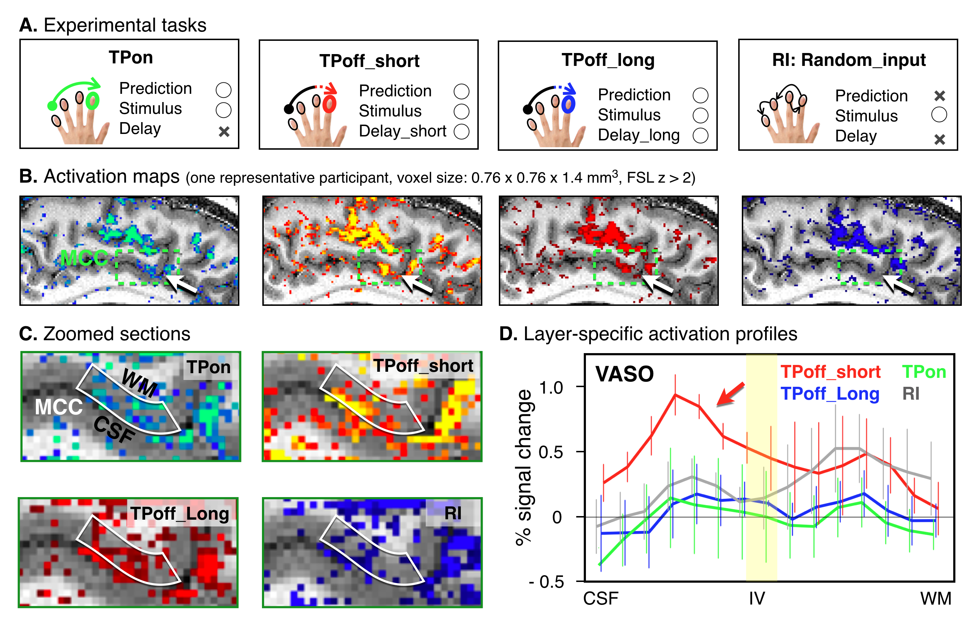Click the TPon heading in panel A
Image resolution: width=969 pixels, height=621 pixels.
click(131, 57)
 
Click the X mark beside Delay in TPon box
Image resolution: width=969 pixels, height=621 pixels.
click(224, 131)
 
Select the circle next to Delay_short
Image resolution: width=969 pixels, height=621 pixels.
click(462, 131)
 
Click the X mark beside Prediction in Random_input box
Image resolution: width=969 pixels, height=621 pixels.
click(940, 96)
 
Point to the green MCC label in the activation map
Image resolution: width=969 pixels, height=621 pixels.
click(84, 258)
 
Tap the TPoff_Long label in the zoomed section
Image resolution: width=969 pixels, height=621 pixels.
click(180, 514)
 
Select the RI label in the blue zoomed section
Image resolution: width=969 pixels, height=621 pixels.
click(453, 513)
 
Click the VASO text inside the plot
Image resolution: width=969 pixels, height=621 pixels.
click(625, 374)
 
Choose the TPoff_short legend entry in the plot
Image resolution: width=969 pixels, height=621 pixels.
click(830, 372)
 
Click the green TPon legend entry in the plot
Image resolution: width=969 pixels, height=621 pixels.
click(924, 372)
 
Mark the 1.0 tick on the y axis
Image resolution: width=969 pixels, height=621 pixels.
click(551, 387)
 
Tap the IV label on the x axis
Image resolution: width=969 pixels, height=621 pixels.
click(757, 598)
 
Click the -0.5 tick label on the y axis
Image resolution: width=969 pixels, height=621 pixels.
click(546, 582)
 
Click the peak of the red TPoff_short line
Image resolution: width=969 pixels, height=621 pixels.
click(675, 395)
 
